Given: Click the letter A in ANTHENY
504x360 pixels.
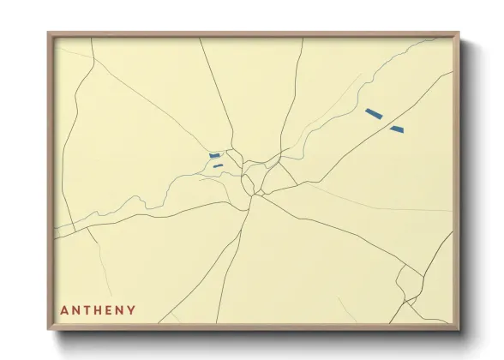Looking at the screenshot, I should point(63,310).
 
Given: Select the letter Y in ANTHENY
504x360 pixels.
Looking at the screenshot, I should point(131,310).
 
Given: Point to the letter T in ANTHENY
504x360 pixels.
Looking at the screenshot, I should point(85,310).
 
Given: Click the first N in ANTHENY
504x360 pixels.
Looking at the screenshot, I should point(74,310).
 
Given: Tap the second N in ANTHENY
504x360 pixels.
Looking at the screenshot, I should point(119,310).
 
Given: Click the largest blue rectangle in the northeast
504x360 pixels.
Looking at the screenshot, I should point(373,112).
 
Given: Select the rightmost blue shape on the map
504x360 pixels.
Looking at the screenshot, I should point(396,129).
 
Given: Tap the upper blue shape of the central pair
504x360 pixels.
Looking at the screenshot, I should point(214,155).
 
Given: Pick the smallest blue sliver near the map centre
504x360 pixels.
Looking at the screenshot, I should point(219,165).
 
